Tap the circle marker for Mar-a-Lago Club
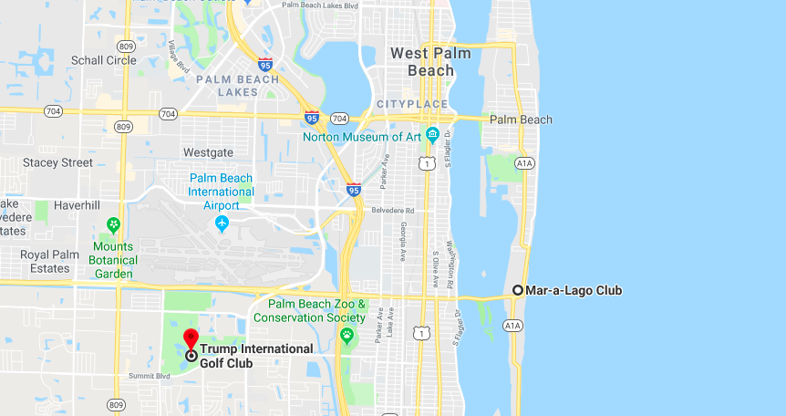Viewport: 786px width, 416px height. click(518, 290)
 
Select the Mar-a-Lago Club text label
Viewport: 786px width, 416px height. click(574, 290)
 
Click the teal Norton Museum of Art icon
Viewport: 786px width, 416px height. click(433, 136)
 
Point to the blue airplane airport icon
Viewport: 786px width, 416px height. click(222, 223)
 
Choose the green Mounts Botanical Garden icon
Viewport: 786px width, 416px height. click(114, 224)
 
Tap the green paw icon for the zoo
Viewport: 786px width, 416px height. click(346, 335)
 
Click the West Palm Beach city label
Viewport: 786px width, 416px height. click(430, 61)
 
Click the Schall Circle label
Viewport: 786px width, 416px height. click(103, 60)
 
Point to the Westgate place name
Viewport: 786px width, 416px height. click(208, 152)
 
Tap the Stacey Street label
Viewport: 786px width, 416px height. click(57, 162)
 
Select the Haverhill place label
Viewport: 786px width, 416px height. click(77, 205)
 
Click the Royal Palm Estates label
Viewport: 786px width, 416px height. click(46, 262)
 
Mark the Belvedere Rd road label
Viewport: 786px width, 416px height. click(393, 210)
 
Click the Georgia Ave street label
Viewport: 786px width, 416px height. click(402, 243)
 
